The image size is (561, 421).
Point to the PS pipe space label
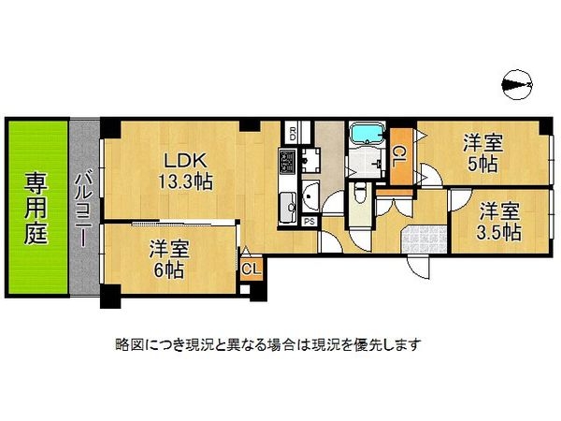[x=309, y=222]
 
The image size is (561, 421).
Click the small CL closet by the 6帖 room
[x=251, y=269]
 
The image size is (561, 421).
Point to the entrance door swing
[x=421, y=267]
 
